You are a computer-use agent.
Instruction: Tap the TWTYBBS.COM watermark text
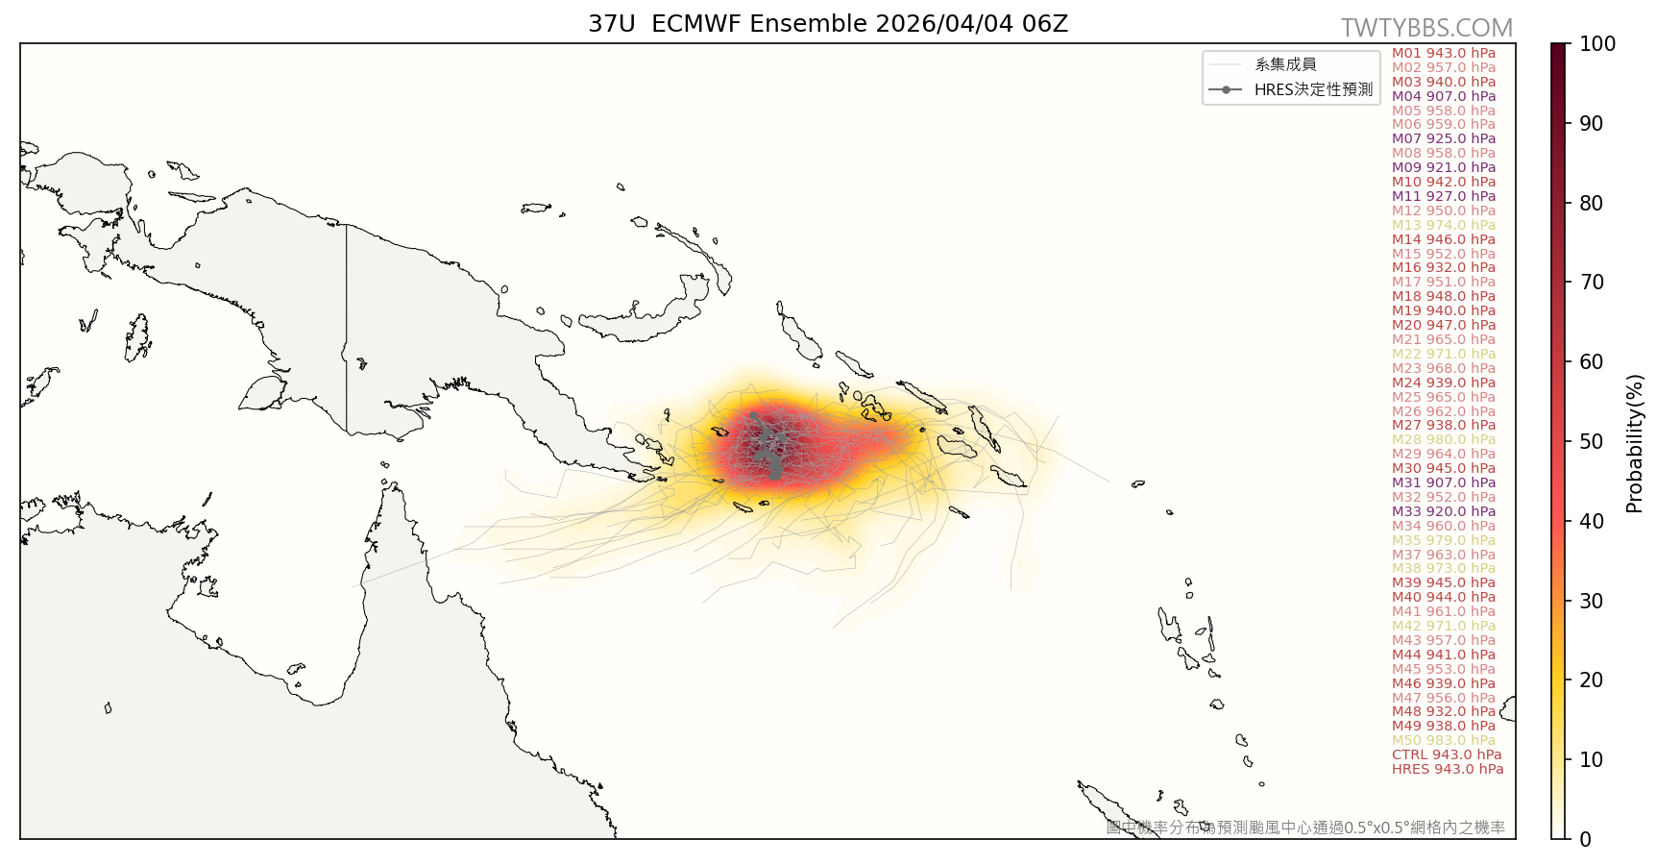[1426, 28]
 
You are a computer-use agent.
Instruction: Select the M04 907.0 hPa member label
[1443, 96]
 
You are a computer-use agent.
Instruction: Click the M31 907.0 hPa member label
[1443, 482]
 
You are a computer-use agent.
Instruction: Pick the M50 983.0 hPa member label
[1443, 740]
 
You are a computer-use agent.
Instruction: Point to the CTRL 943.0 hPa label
[1446, 754]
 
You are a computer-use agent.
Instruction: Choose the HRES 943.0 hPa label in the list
[1447, 769]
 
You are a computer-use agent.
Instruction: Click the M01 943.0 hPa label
[1443, 53]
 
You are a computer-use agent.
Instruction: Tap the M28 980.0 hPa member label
[1443, 439]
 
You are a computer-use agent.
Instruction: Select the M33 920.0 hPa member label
[1443, 511]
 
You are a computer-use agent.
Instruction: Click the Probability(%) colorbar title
[1635, 443]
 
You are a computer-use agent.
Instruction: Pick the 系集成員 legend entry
[1285, 64]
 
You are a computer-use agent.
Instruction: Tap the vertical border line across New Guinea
[346, 327]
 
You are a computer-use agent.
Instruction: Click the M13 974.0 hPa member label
[1443, 225]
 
